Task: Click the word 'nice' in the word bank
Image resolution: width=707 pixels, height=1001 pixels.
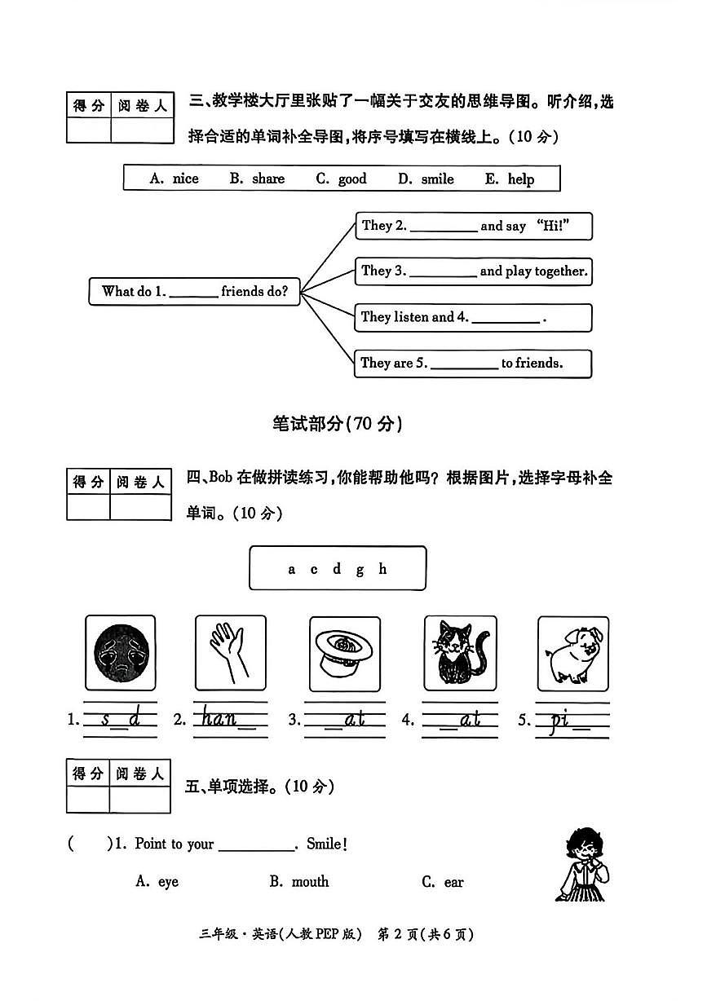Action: click(x=185, y=179)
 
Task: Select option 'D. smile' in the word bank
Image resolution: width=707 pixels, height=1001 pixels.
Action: click(x=426, y=179)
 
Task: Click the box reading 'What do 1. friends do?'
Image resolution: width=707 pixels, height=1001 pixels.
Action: click(x=194, y=291)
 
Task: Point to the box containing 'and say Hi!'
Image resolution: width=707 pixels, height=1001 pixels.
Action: click(x=473, y=226)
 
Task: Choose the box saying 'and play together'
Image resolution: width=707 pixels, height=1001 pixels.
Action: click(x=473, y=271)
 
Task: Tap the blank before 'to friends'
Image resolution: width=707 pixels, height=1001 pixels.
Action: click(x=463, y=364)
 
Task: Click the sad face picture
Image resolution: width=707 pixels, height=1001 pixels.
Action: click(x=120, y=653)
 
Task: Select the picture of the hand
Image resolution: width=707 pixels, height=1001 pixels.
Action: click(x=230, y=653)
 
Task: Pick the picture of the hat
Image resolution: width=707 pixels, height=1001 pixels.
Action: click(x=345, y=653)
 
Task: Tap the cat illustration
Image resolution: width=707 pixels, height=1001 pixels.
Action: click(x=459, y=653)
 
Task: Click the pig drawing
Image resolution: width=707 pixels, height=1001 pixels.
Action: click(x=572, y=653)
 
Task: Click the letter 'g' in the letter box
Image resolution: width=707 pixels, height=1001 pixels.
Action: click(x=360, y=569)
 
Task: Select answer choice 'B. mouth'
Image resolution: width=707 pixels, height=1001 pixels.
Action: click(x=299, y=881)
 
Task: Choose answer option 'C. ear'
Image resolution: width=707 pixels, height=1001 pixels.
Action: click(x=443, y=882)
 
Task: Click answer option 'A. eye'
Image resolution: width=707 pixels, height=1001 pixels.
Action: click(x=157, y=881)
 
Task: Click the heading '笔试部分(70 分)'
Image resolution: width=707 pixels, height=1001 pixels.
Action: click(x=337, y=423)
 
